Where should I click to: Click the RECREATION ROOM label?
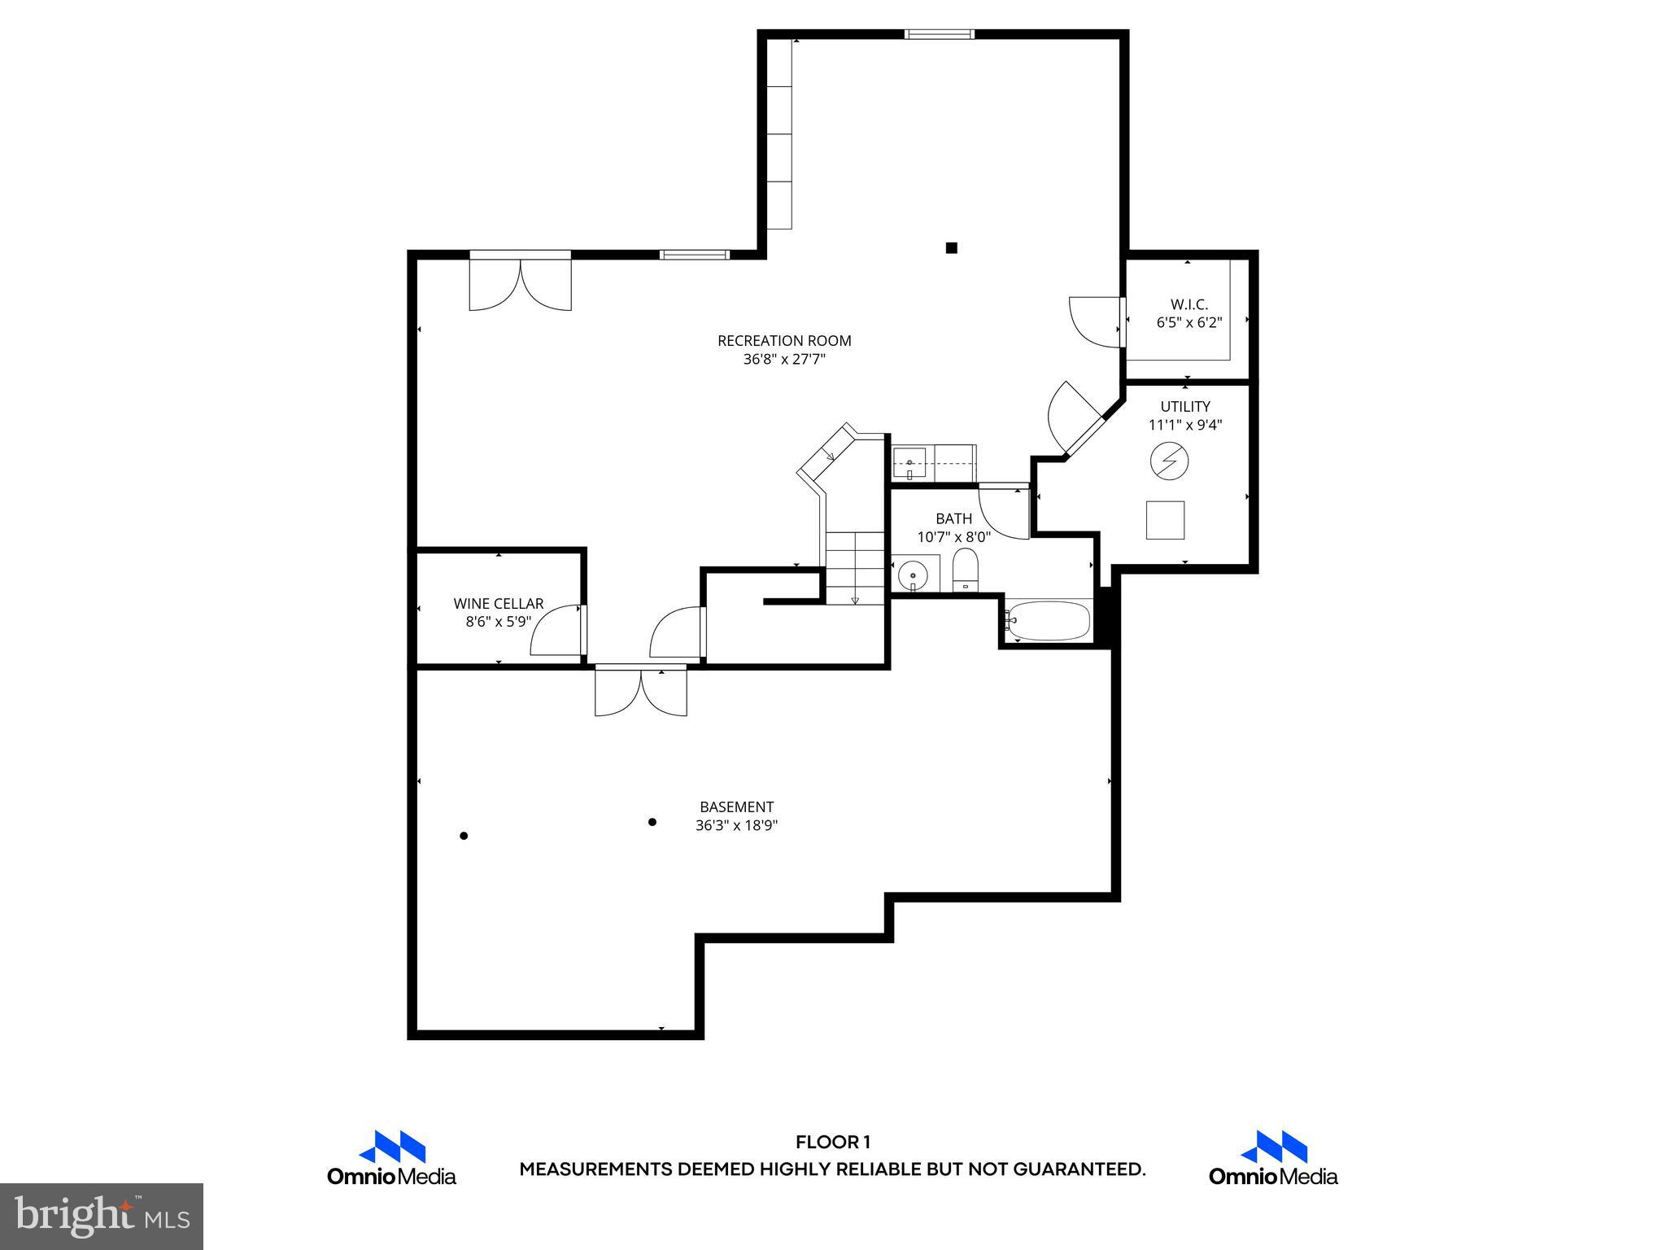784,341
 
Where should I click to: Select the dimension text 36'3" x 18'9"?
736,825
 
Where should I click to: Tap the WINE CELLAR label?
498,604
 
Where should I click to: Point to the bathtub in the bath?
1048,621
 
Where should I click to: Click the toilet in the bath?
965,569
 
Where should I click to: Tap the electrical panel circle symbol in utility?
1169,462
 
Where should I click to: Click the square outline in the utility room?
1165,520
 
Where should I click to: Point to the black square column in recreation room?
951,248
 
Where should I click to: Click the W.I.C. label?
1188,304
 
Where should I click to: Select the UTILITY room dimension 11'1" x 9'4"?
1185,425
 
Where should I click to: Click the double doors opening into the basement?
641,692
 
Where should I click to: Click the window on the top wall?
939,34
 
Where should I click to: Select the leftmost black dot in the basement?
464,836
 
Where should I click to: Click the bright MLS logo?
102,1216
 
